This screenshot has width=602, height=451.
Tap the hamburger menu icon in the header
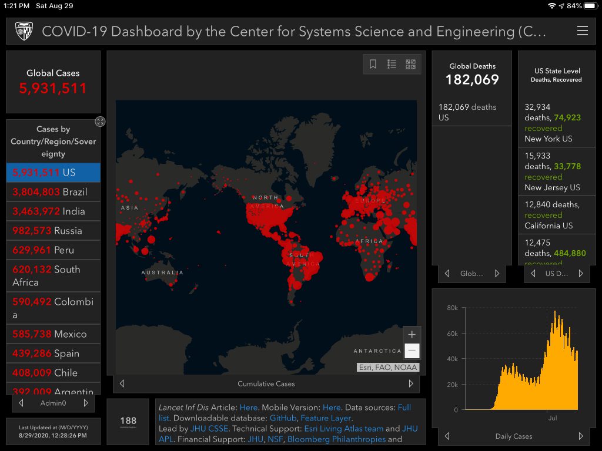point(582,31)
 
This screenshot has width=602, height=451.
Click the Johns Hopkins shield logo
point(24,31)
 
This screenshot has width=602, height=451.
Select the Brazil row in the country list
point(53,192)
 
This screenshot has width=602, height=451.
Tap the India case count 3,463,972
point(36,211)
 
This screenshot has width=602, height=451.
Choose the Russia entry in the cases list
point(53,231)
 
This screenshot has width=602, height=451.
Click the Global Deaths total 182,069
point(472,80)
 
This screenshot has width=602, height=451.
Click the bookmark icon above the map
point(373,65)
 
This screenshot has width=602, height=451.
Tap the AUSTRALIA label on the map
point(162,272)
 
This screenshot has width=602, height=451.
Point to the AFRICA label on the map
point(369,241)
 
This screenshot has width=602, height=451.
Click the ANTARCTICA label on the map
point(377,351)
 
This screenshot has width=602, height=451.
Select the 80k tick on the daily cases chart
point(452,308)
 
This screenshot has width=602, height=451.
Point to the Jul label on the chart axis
point(553,419)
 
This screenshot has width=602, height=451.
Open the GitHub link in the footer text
point(283,418)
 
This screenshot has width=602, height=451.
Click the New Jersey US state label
point(552,188)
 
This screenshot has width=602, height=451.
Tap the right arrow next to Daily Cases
point(581,436)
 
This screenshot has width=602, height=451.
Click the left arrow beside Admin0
point(21,403)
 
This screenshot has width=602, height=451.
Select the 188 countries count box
point(128,421)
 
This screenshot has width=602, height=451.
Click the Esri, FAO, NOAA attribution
point(388,368)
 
